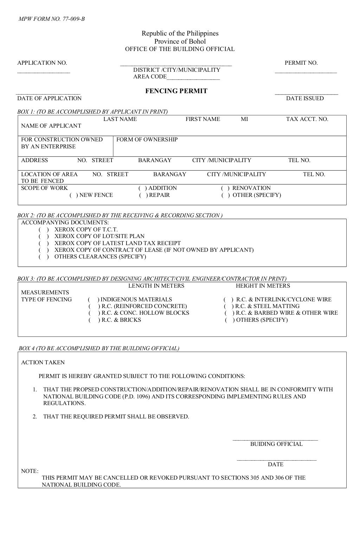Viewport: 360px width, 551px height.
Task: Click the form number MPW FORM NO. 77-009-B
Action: click(x=51, y=19)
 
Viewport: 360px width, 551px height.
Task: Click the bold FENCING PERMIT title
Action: click(x=176, y=91)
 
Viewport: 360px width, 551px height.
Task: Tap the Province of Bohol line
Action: click(x=180, y=41)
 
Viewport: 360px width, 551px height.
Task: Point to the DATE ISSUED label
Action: click(x=304, y=98)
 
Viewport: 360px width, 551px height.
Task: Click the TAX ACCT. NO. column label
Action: click(x=307, y=119)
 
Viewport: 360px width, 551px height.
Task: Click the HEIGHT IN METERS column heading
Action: click(x=263, y=286)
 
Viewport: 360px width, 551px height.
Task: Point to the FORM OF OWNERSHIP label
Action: click(x=147, y=140)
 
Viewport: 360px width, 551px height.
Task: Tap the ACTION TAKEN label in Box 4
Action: click(x=43, y=363)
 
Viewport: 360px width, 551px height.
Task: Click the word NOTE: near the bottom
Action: click(x=30, y=471)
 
